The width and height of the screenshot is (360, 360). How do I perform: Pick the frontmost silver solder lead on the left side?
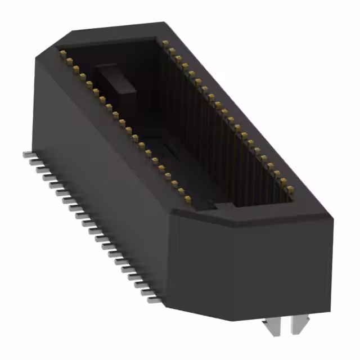click(152, 300)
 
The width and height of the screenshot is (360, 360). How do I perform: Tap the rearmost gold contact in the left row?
click(63, 53)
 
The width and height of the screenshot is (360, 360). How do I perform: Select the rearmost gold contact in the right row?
click(164, 43)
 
